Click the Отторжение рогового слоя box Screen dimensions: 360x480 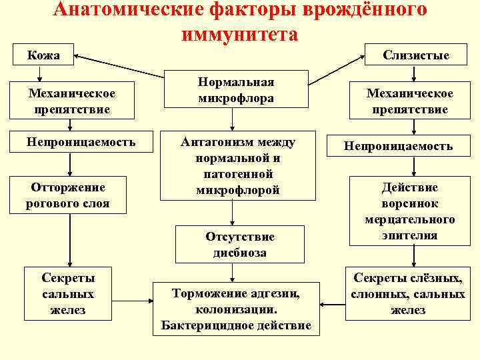pos(67,194)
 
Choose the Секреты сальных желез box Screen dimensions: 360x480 pos(68,294)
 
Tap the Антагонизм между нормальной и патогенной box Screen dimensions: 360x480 pos(238,167)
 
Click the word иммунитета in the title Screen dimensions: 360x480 pos(239,34)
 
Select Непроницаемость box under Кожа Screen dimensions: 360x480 pos(81,142)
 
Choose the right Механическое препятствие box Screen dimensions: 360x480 pos(410,101)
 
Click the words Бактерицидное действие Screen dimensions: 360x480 pos(236,325)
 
